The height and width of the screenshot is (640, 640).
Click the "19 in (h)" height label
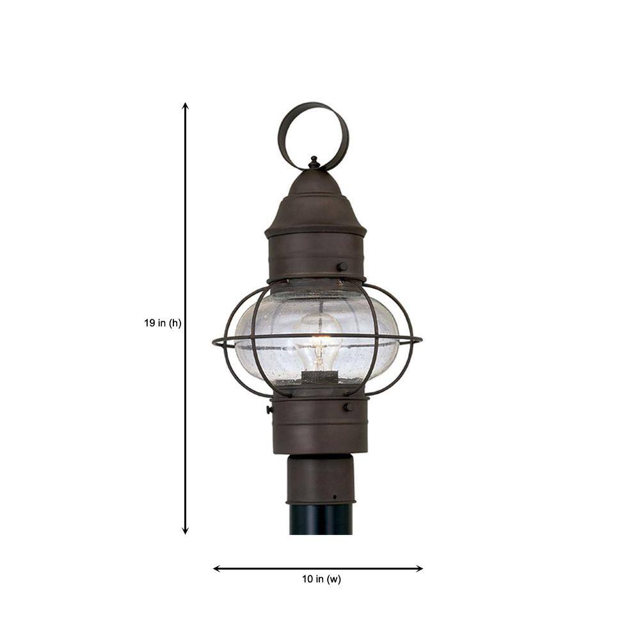tap(163, 323)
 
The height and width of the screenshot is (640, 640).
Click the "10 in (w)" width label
tap(321, 579)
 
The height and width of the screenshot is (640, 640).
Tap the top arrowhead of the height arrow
tap(186, 106)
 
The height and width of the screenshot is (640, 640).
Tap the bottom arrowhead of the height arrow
tap(186, 531)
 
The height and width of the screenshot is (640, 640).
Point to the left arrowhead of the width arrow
tap(217, 568)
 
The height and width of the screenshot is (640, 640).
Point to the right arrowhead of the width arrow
tap(419, 568)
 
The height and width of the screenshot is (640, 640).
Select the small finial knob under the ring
tap(314, 163)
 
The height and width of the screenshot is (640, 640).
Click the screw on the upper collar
tap(342, 266)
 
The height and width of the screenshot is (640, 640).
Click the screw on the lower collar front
tap(348, 407)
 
